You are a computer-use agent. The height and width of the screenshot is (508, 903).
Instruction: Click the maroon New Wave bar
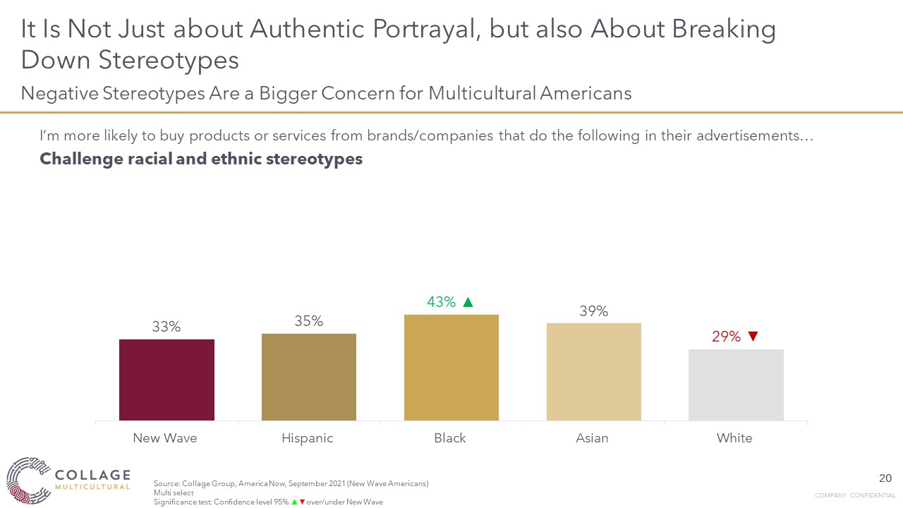pos(166,380)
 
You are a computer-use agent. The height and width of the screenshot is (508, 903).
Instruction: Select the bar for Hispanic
pos(309,377)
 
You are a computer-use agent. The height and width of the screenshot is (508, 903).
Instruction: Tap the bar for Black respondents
pos(451,368)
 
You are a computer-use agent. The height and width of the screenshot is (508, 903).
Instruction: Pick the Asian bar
pos(594,372)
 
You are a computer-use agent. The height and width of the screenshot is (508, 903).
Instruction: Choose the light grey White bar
pos(736,385)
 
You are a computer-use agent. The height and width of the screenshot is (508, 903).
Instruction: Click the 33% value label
pos(166,327)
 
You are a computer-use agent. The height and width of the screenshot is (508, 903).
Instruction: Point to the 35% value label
pos(309,321)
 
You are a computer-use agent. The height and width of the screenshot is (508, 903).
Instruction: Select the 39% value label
pos(594,311)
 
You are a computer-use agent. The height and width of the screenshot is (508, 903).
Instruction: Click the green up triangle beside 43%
pos(467,302)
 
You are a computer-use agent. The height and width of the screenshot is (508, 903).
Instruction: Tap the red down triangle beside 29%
pos(753,337)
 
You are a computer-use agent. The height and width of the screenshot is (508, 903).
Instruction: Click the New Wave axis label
pos(165,438)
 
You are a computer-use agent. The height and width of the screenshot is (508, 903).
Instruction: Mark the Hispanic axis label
pos(308,438)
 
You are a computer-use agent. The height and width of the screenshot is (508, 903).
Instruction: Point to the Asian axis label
pos(592,438)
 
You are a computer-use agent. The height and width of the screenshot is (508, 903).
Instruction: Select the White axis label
pos(734,438)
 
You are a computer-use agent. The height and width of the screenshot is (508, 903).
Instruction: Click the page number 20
pos(885,478)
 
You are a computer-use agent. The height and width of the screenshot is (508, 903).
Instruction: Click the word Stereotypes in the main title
pos(169,61)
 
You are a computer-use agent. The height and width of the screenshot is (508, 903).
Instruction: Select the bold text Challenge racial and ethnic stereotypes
pos(201,159)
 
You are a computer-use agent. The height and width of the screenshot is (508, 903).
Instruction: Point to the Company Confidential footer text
pos(855,495)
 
